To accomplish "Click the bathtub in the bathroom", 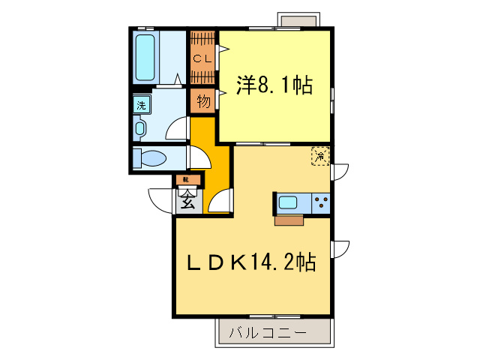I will point(145,55).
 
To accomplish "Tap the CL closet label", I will point(201,58).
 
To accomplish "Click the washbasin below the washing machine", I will point(139,127).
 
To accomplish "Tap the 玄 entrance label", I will point(188,201).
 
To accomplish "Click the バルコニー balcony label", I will point(268,331).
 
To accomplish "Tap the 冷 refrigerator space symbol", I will point(320,156).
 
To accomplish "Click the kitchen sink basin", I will point(289,202).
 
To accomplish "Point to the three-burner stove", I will point(320,202).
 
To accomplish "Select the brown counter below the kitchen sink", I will point(289,220).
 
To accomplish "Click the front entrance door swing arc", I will point(161,199).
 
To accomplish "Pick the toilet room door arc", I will point(199,157).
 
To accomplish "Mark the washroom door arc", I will point(177,129).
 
